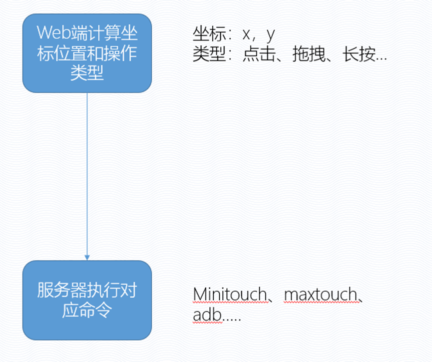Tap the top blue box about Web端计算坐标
[x=87, y=53]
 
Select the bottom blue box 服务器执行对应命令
[x=87, y=300]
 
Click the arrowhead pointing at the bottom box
[x=87, y=257]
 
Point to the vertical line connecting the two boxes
[x=87, y=175]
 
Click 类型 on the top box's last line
[x=87, y=73]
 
